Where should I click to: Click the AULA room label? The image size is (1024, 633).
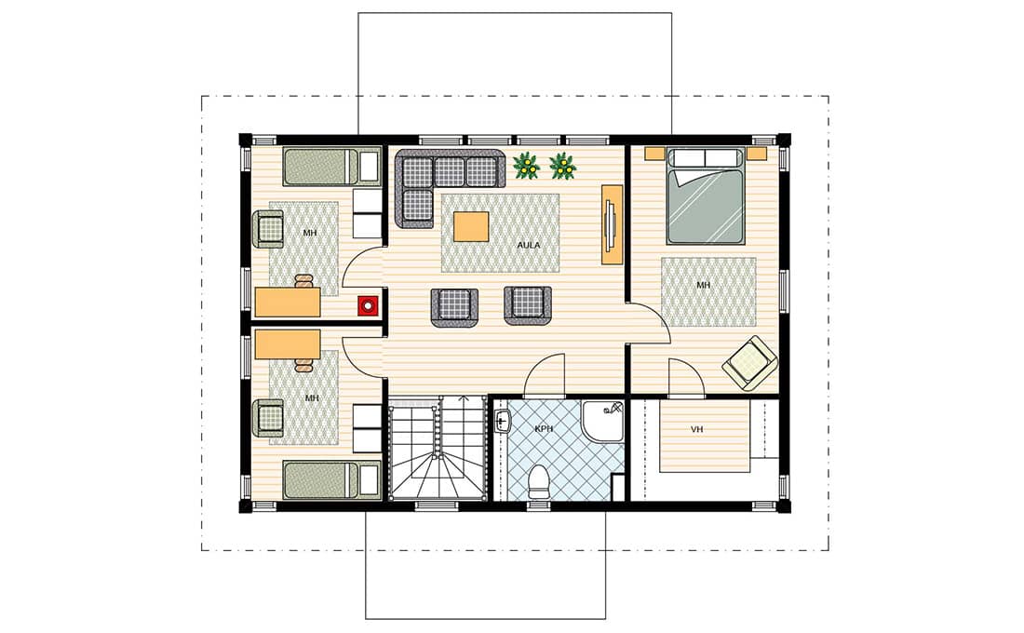pyautogui.click(x=529, y=245)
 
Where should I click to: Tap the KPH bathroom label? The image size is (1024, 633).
pyautogui.click(x=544, y=428)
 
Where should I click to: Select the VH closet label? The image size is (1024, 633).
pyautogui.click(x=697, y=429)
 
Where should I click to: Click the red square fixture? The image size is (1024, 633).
pyautogui.click(x=368, y=305)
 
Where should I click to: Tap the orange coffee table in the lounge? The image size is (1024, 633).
pyautogui.click(x=472, y=227)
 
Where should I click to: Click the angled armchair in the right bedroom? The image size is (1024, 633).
pyautogui.click(x=750, y=364)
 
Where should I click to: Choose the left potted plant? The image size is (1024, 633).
pyautogui.click(x=526, y=166)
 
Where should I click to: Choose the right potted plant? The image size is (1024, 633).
pyautogui.click(x=563, y=166)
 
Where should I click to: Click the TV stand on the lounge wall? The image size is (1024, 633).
pyautogui.click(x=612, y=224)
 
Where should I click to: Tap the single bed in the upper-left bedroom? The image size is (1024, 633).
pyautogui.click(x=331, y=167)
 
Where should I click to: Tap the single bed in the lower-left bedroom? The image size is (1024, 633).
pyautogui.click(x=331, y=480)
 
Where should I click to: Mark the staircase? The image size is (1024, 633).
pyautogui.click(x=438, y=449)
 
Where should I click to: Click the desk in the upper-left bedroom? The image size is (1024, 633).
pyautogui.click(x=288, y=302)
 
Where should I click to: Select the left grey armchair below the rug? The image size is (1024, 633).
pyautogui.click(x=454, y=306)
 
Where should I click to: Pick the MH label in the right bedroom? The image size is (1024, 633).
pyautogui.click(x=704, y=286)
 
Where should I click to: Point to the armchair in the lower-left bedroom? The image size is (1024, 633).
pyautogui.click(x=269, y=419)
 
